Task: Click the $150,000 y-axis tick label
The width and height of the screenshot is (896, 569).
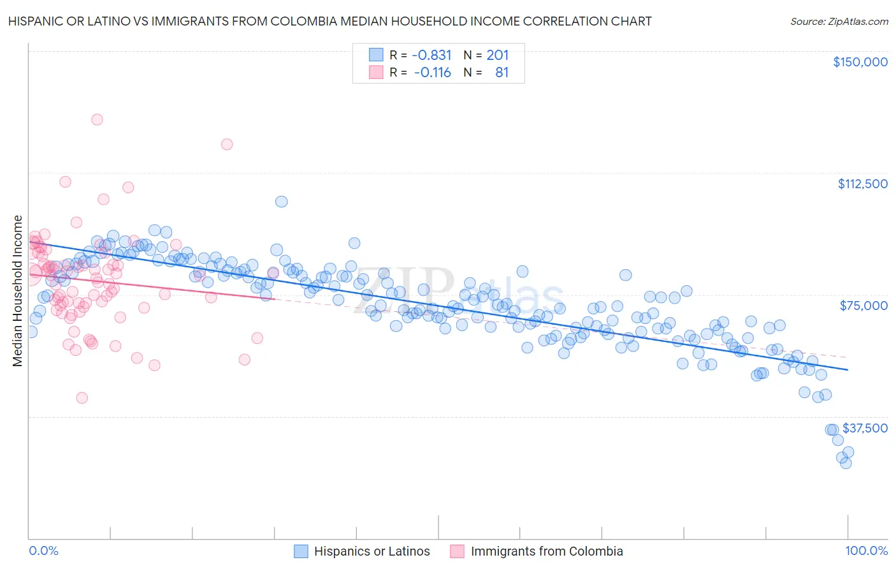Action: [x=860, y=62]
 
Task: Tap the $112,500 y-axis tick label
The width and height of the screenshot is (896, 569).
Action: [x=862, y=184]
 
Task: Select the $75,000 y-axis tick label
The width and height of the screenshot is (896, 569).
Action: [x=863, y=306]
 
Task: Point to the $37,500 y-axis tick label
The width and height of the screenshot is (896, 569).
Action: [x=865, y=428]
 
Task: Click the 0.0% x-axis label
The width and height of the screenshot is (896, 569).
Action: [x=43, y=551]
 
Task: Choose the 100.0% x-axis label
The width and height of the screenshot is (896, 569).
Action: [x=866, y=551]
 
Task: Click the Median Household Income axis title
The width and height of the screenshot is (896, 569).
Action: [x=17, y=291]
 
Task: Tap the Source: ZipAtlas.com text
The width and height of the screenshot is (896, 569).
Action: [x=839, y=21]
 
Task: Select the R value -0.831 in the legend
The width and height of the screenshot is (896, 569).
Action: [x=431, y=55]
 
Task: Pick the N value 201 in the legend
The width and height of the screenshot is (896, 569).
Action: [x=498, y=55]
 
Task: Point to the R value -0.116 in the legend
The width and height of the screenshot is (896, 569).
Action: [x=432, y=72]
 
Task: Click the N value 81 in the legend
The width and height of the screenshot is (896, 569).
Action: [x=502, y=72]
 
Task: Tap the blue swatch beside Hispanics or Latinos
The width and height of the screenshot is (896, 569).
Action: [x=301, y=551]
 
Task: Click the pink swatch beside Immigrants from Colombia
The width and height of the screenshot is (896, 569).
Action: [x=457, y=551]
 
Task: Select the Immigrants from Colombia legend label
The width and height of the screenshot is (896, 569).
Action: [x=546, y=551]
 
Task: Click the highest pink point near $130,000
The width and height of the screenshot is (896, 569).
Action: [x=97, y=119]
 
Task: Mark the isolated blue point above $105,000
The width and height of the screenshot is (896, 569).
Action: [x=281, y=202]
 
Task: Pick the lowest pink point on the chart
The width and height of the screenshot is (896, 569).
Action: [x=82, y=398]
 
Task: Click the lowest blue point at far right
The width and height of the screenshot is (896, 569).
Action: [x=846, y=463]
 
